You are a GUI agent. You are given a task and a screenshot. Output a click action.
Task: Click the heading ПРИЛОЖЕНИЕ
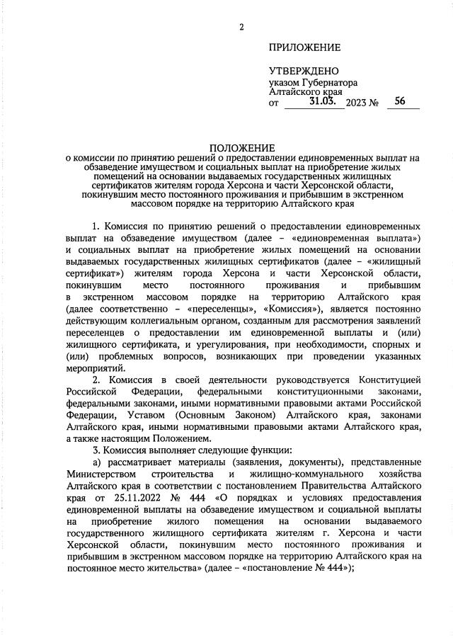pyautogui.click(x=304, y=47)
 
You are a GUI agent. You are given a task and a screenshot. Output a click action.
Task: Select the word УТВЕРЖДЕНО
pyautogui.click(x=304, y=72)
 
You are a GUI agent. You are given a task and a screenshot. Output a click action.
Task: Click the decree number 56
pyautogui.click(x=401, y=101)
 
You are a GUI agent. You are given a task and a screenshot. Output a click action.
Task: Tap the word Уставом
pyautogui.click(x=150, y=416)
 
